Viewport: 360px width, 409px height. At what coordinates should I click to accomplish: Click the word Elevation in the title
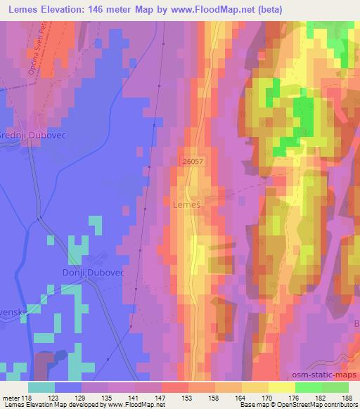pyautogui.click(x=62, y=8)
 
